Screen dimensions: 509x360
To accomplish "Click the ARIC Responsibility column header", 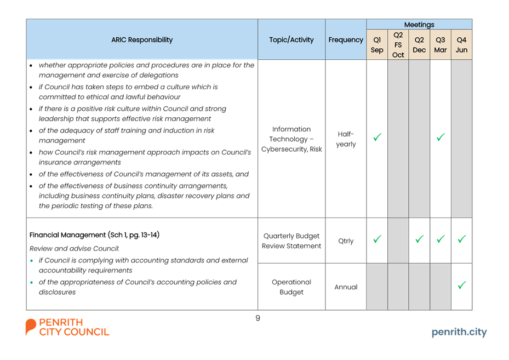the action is coord(142,39).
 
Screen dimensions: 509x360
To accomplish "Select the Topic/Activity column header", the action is coord(291,39).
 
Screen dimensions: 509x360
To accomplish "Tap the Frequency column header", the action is coord(346,39).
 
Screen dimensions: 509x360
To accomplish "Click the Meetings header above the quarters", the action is coord(419,24).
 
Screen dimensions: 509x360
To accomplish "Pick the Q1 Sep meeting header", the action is coord(377,45).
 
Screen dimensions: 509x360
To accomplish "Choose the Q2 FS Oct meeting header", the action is coord(398,45).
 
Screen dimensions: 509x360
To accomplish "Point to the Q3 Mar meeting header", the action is coord(440,45).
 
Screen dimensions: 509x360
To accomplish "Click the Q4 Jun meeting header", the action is coord(461,45).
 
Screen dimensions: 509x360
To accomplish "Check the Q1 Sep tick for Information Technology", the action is coord(377,138).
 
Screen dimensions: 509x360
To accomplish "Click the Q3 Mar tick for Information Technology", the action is coord(441,138).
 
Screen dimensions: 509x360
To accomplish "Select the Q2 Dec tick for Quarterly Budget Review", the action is coord(419,239).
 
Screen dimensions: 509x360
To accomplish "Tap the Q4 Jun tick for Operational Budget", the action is coord(461,285).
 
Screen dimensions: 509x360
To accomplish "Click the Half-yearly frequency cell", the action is coord(346,139).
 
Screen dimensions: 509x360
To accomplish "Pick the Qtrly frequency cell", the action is coord(346,241).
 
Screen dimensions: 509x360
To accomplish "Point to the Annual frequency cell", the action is coord(346,287).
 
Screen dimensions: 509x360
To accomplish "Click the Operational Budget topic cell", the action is coord(291,287).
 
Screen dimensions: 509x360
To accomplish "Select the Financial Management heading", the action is coord(94,235).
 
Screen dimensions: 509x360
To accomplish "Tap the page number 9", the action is coord(258,318).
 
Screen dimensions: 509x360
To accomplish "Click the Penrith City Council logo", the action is coord(67,327).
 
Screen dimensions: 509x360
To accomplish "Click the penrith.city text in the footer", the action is coord(459,332).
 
